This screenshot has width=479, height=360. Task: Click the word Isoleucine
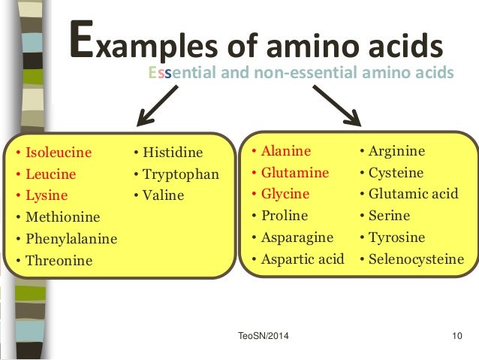coord(59,153)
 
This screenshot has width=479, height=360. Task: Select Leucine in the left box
coord(51,174)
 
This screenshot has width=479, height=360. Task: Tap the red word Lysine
coord(47,196)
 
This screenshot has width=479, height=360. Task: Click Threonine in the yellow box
coord(59,262)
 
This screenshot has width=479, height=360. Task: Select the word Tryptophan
coord(179,174)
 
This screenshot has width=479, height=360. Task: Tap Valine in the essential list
coord(162,195)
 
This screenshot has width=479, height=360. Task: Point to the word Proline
coord(285,216)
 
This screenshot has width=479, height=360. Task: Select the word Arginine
coord(397,150)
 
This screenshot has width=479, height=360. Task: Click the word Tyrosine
coord(397,237)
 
